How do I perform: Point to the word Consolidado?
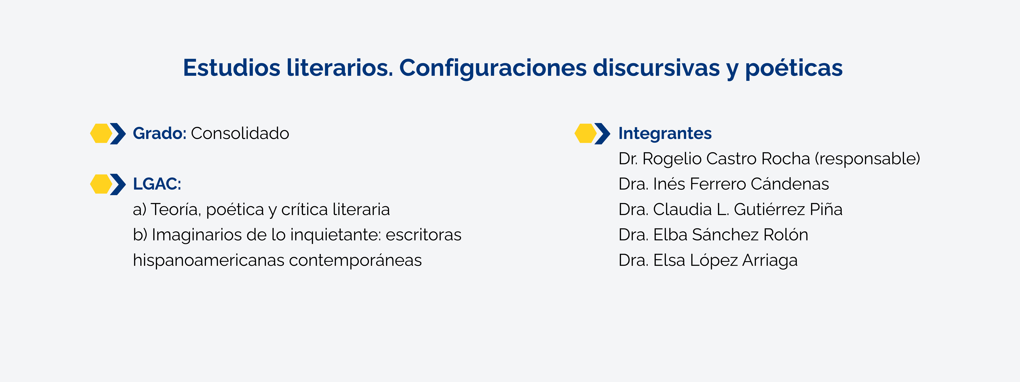[240, 133]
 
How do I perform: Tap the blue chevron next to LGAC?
[118, 184]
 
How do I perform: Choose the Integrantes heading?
[665, 133]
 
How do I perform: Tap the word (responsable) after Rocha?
[867, 159]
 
